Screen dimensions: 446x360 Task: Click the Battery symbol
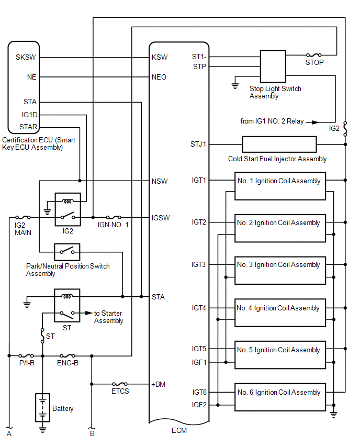[42, 407]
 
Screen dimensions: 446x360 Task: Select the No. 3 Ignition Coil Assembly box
[280, 270]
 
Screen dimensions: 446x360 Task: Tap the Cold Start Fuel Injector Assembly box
[279, 144]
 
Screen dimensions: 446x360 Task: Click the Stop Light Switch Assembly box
[273, 66]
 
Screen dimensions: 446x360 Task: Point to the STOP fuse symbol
[314, 54]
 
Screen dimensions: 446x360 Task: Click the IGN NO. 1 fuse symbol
[114, 217]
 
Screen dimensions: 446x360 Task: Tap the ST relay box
[67, 305]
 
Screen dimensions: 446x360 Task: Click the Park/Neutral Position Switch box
[67, 252]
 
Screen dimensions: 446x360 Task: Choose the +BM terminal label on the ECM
[159, 384]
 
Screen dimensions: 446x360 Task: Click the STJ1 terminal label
[199, 144]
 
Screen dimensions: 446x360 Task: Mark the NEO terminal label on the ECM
[159, 77]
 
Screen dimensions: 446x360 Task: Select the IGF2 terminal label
[199, 405]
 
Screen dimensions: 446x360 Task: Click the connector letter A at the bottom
[8, 433]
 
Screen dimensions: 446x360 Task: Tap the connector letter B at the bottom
[92, 433]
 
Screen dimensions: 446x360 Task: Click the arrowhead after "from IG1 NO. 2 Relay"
[315, 121]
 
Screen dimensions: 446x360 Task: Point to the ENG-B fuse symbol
[68, 355]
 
